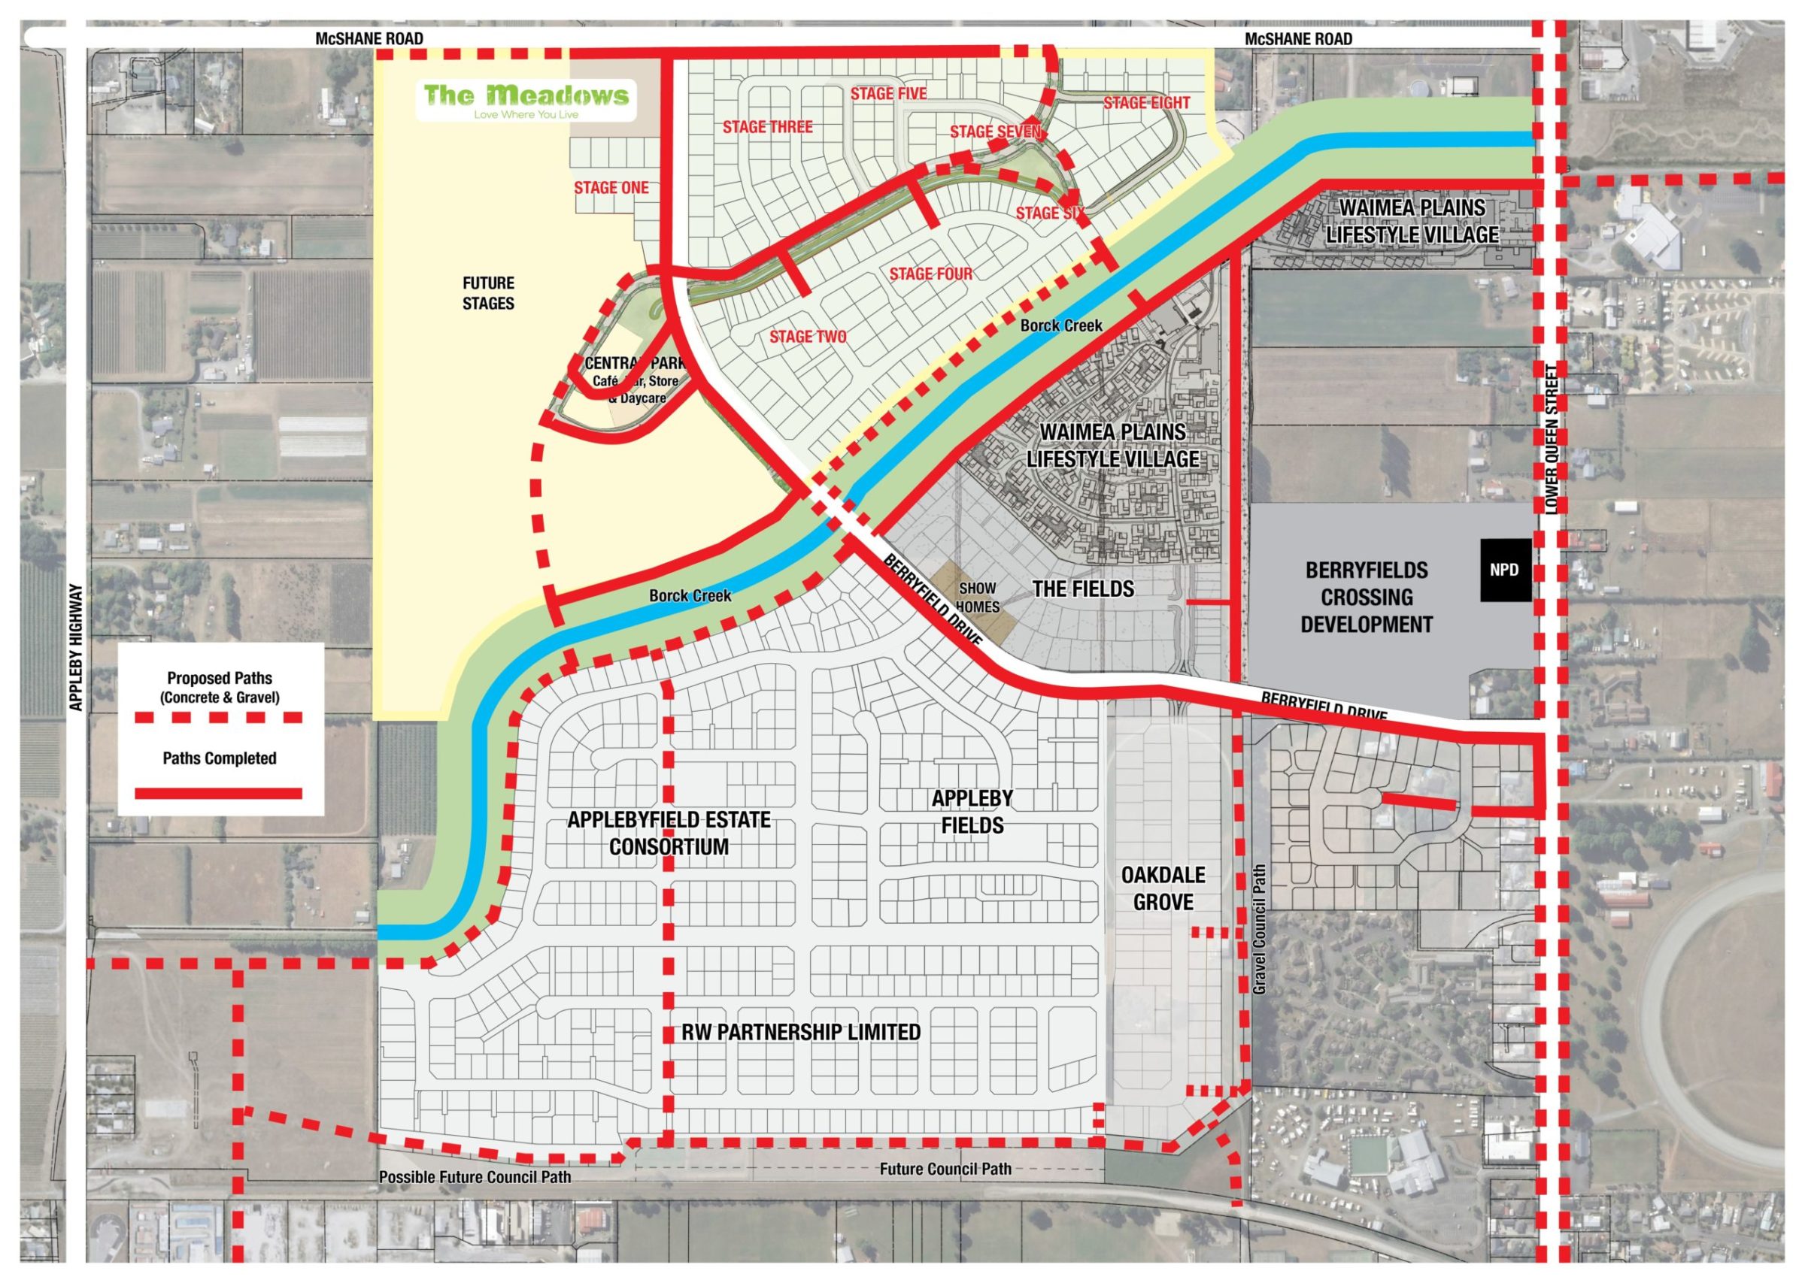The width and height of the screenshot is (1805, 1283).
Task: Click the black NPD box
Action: (x=1504, y=570)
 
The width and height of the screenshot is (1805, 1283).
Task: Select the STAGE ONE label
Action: (x=611, y=188)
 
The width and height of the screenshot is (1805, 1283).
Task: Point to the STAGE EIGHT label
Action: (x=1146, y=103)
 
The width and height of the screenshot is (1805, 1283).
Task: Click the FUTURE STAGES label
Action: (x=488, y=293)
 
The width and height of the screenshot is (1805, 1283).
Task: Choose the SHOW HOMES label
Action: (x=978, y=598)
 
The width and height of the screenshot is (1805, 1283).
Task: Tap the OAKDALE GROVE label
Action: (x=1163, y=887)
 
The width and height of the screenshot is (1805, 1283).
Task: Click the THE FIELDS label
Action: (x=1083, y=589)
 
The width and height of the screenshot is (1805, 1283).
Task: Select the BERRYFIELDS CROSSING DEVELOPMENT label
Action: (x=1367, y=597)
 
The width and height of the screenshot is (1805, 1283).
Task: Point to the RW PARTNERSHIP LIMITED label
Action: (x=801, y=1032)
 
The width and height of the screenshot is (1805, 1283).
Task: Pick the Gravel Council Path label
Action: (x=1260, y=928)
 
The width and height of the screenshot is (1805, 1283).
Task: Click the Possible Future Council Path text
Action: (x=475, y=1176)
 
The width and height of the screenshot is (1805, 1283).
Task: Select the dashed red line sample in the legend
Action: (x=220, y=717)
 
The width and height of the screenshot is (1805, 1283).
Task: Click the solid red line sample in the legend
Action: (x=220, y=793)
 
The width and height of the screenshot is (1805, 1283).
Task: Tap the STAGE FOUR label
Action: (x=931, y=274)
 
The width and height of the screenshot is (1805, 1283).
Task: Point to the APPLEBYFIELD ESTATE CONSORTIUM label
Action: (x=669, y=833)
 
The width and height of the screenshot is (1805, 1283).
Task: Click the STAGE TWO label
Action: (x=808, y=337)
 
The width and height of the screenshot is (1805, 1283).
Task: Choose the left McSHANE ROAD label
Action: (x=369, y=38)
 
